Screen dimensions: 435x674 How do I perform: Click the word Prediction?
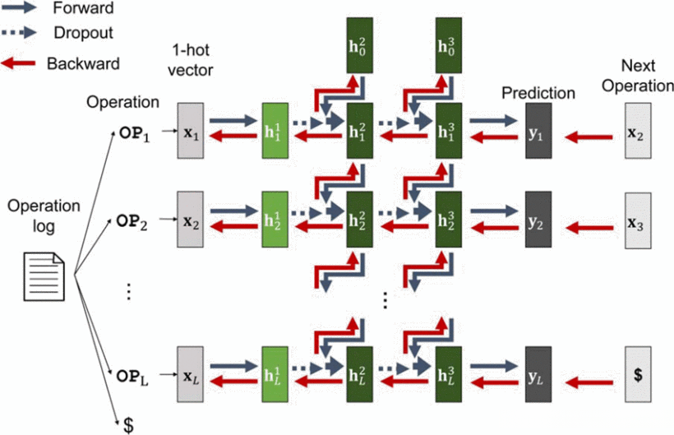pos(538,93)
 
